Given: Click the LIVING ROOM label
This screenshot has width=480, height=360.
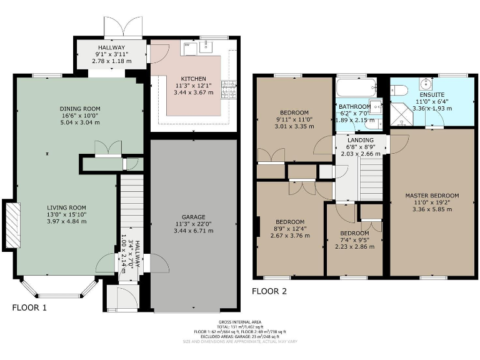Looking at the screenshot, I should pyautogui.click(x=67, y=207).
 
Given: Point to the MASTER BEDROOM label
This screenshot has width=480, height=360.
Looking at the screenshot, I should pyautogui.click(x=432, y=195).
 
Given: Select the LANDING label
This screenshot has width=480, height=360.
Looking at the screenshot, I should pyautogui.click(x=361, y=140).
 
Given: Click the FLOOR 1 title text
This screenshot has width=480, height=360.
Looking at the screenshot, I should pyautogui.click(x=29, y=307).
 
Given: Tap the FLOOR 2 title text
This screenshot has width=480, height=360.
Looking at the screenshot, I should pyautogui.click(x=269, y=291).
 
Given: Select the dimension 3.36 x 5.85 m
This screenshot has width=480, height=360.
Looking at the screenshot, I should pyautogui.click(x=432, y=209).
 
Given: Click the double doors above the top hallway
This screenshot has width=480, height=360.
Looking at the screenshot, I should pyautogui.click(x=124, y=28).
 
